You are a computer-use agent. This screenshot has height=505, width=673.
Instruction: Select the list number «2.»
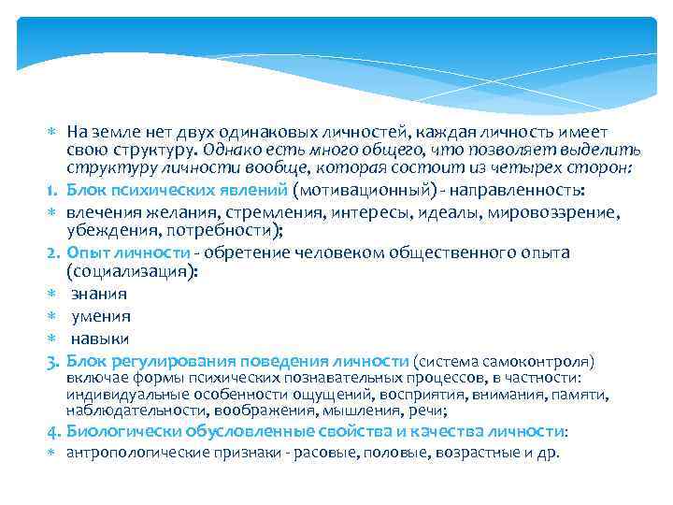54,252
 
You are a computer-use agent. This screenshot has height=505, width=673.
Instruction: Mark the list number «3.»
54,361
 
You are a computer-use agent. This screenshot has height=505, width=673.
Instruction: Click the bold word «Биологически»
122,431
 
